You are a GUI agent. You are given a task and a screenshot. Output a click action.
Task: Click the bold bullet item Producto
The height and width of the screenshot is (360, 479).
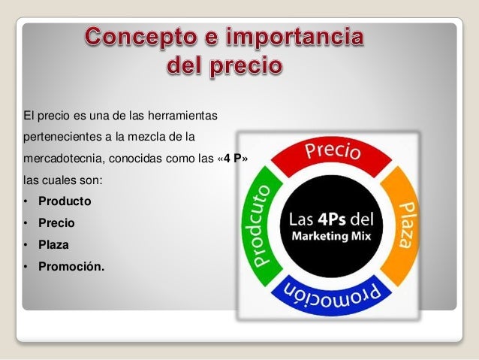(x=65, y=201)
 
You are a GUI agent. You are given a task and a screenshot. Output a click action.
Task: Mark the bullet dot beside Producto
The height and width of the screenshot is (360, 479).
(x=26, y=202)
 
